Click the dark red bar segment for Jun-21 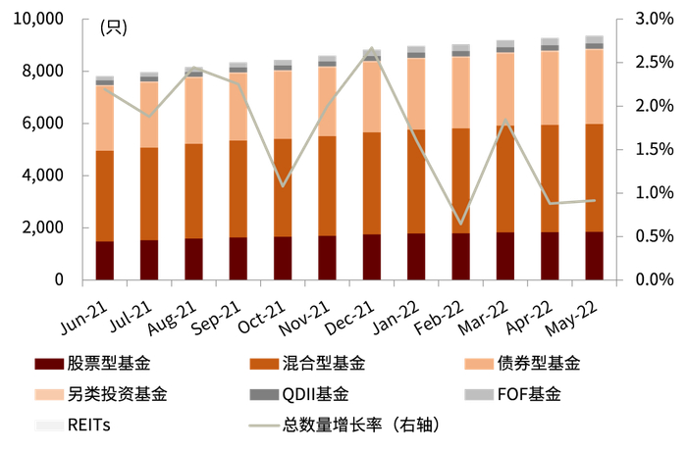pyautogui.click(x=104, y=261)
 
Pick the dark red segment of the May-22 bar pyautogui.click(x=595, y=256)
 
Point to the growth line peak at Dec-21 pyautogui.click(x=372, y=48)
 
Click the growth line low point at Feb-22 pyautogui.click(x=460, y=224)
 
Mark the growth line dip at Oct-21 pyautogui.click(x=283, y=185)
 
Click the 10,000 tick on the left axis pyautogui.click(x=37, y=20)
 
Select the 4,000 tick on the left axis pyautogui.click(x=43, y=175)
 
